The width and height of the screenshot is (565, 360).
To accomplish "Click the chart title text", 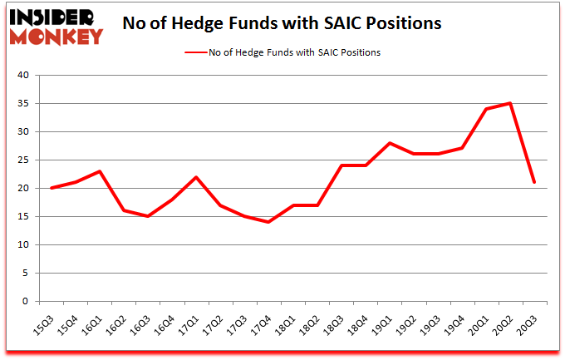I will click(x=282, y=24).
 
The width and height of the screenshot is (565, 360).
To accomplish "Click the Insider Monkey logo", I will click(x=57, y=26).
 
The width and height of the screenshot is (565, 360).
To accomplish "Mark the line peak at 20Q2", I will click(x=509, y=104).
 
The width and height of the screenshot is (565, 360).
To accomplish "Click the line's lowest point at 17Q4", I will click(x=268, y=222).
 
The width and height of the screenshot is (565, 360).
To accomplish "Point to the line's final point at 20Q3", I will click(x=533, y=183).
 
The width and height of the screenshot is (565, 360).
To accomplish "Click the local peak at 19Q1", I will click(x=390, y=143).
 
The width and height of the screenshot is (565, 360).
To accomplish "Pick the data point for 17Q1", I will click(x=197, y=177).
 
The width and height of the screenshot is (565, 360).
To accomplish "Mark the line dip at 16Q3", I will click(x=149, y=216).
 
